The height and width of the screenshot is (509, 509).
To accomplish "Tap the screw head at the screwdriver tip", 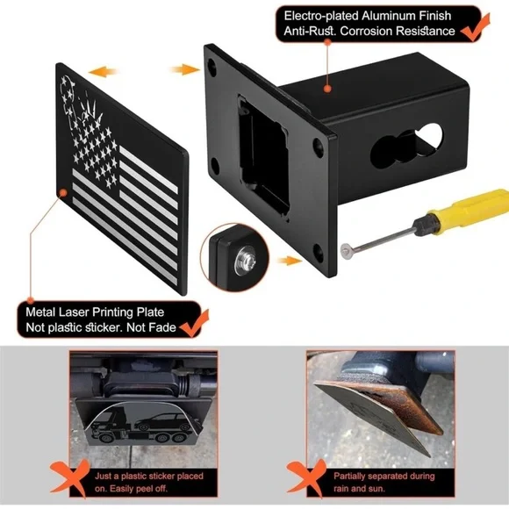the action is click(x=347, y=251).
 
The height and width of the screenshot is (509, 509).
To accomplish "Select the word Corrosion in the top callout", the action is click(x=366, y=32).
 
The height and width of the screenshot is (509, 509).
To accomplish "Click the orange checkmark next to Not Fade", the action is click(x=194, y=323).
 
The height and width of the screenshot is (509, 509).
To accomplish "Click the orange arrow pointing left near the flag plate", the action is click(x=103, y=71).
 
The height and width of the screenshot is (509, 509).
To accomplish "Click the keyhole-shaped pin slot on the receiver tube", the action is click(x=406, y=146).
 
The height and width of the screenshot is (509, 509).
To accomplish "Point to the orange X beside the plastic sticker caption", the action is click(x=70, y=477).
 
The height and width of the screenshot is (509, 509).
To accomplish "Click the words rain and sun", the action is click(x=359, y=489).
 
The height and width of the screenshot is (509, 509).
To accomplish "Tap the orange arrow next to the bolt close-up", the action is click(x=290, y=261).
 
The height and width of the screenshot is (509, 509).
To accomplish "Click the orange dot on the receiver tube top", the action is click(x=327, y=89).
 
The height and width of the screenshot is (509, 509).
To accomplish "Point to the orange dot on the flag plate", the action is click(x=63, y=193).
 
